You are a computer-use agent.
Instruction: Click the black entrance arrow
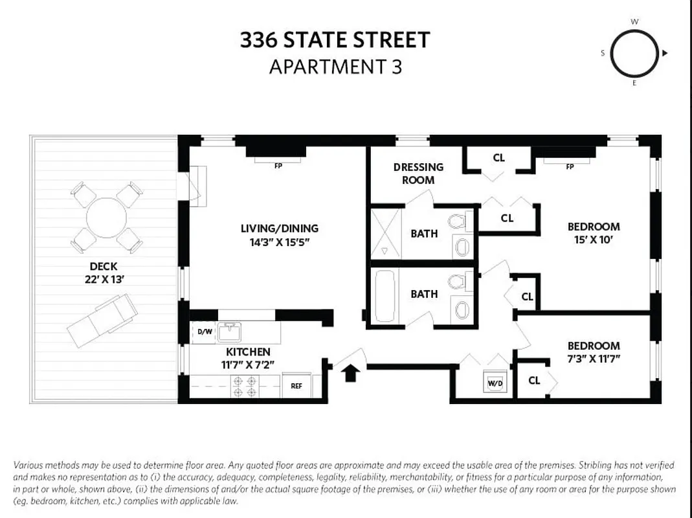click(350, 373)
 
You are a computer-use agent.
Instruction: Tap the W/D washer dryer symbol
click(495, 383)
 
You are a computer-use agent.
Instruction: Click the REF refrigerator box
click(296, 386)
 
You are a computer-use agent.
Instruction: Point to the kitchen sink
click(230, 332)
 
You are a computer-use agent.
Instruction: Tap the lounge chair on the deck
click(102, 319)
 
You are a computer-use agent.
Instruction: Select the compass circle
click(634, 53)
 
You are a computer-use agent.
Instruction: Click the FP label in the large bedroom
click(570, 166)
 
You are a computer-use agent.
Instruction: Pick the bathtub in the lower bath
click(385, 294)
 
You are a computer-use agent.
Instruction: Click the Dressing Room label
click(418, 174)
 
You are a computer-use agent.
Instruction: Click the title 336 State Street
click(335, 40)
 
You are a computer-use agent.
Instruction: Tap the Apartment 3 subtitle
click(335, 67)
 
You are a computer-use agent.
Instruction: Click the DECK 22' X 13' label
click(104, 273)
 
